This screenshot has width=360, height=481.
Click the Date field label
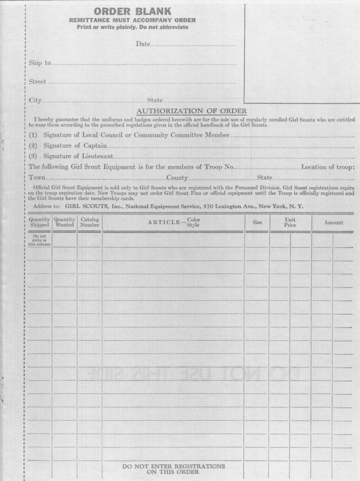tap(143, 44)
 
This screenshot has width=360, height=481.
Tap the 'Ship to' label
tap(40, 63)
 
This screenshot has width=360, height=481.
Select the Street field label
tap(37, 82)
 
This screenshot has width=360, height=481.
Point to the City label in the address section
tap(35, 100)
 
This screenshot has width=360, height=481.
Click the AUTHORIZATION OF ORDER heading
tap(191, 111)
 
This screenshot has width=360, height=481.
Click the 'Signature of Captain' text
tap(75, 146)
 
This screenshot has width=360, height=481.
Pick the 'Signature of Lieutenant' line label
tap(78, 156)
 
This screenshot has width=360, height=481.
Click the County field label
tap(177, 177)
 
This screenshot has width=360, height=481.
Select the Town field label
tap(37, 177)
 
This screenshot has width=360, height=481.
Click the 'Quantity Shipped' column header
tap(39, 222)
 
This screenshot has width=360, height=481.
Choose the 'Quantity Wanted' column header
tap(64, 222)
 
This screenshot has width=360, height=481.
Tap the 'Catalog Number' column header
tap(90, 222)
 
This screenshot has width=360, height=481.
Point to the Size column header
tap(257, 222)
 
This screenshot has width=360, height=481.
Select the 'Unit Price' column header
tap(290, 222)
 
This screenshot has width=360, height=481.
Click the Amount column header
tap(333, 223)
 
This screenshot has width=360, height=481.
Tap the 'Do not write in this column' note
tap(39, 240)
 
